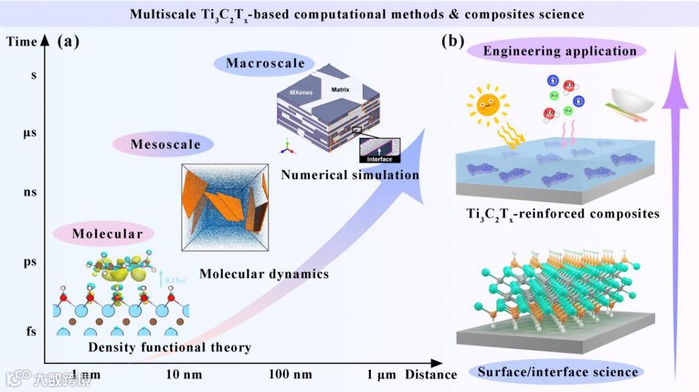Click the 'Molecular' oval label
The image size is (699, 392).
(107, 234)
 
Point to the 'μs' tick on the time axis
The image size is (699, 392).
(30, 133)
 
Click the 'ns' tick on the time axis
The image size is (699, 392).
(30, 192)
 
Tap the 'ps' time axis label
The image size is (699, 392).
(30, 263)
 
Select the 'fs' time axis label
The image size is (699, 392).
(30, 332)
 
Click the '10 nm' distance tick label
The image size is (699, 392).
(184, 375)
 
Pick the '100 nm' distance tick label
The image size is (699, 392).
(289, 375)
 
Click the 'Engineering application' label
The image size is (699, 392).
(560, 51)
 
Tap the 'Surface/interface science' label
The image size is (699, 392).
(557, 371)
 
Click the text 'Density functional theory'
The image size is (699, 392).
(170, 347)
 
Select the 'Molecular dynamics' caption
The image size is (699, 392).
(263, 274)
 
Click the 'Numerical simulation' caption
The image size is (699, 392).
(350, 174)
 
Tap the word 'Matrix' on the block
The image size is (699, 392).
(340, 89)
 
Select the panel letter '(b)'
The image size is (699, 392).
(452, 42)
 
